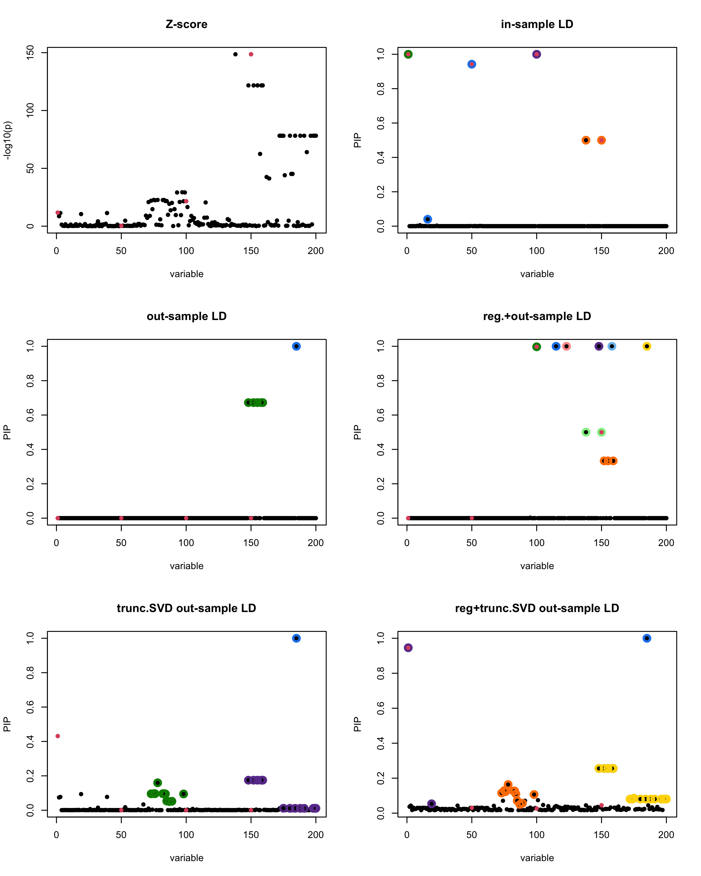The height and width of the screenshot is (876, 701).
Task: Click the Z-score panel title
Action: click(x=187, y=24)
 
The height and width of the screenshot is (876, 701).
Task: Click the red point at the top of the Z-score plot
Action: click(x=251, y=54)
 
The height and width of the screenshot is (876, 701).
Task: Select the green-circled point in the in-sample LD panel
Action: click(x=408, y=54)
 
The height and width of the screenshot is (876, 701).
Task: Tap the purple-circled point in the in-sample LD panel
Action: click(x=537, y=54)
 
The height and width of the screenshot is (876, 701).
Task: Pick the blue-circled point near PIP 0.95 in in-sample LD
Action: click(x=471, y=64)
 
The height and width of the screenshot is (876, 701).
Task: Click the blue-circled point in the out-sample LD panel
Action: click(x=296, y=346)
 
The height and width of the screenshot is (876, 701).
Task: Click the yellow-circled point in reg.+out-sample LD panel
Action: click(x=647, y=346)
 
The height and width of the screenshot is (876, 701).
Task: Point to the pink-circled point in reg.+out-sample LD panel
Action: click(x=566, y=346)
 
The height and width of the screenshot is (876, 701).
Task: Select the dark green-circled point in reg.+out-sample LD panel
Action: click(x=537, y=347)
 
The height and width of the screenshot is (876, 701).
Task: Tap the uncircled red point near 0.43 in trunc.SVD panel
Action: click(x=58, y=736)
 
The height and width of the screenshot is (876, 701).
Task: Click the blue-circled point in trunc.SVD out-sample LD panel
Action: click(x=296, y=638)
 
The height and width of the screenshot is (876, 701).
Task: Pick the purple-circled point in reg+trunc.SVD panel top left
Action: click(x=408, y=648)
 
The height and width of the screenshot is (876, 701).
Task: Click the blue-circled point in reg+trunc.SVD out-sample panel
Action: click(x=647, y=638)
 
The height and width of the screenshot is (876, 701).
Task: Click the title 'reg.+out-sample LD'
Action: click(x=537, y=316)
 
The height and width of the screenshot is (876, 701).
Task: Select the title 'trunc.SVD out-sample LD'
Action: click(x=187, y=608)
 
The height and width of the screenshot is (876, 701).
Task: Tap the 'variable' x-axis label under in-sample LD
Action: click(x=537, y=274)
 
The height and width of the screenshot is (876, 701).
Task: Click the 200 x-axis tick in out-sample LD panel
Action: click(x=316, y=543)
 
